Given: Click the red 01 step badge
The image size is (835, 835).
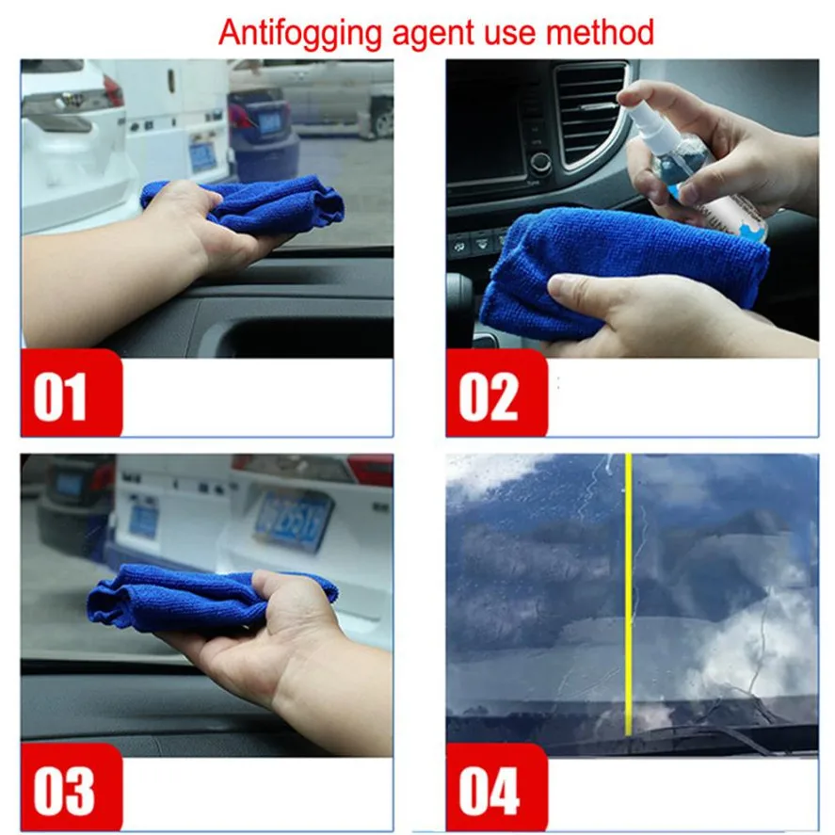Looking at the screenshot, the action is tap(72, 393).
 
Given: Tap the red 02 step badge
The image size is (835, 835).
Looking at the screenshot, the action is tap(496, 393).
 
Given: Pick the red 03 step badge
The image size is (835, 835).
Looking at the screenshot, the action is tap(72, 787).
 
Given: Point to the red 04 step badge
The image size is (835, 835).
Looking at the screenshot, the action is tap(496, 787).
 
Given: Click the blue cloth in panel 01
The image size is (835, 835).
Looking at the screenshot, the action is tap(250, 205).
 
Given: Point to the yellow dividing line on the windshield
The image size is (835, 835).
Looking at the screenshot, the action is tap(629, 594).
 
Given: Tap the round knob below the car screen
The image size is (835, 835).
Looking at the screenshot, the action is tap(540, 162).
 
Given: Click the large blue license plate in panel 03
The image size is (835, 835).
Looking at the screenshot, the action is tap(294, 521).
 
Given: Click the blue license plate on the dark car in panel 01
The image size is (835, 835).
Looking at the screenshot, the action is tap(270, 122).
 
